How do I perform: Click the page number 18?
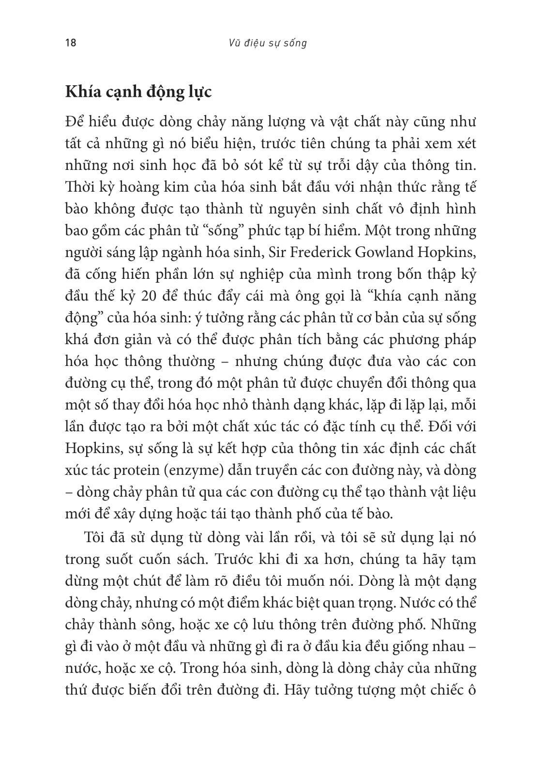[71, 43]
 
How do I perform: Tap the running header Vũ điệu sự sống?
[268, 43]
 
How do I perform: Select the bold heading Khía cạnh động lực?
[138, 92]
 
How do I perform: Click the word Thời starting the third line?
[81, 187]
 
